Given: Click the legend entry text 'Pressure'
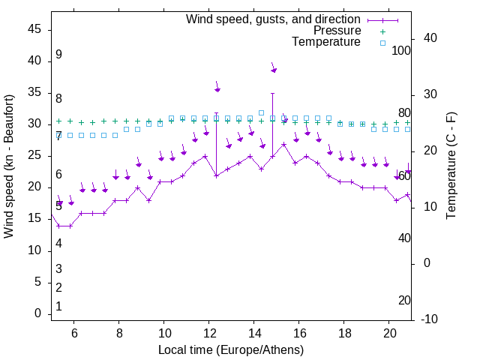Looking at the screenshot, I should pos(337,31).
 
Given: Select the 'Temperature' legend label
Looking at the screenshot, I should pos(326,42).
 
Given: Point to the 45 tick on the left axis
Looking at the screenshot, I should pos(34,29).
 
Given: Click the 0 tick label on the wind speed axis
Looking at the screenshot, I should pos(38,313).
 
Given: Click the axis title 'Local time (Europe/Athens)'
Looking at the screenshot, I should pos(231,349).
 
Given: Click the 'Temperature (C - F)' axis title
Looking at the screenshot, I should pos(451,166).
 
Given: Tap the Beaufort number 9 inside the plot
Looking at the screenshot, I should pos(58,55).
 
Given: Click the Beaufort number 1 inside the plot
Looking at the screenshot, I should pos(58,306).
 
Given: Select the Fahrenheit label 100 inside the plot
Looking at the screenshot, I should pos(402,51).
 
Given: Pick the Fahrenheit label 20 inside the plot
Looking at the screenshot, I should pos(404,300).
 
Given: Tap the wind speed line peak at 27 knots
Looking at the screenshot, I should pos(284,144).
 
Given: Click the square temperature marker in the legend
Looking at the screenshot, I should pos(382,43).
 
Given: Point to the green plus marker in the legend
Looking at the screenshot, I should pos(382,31).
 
